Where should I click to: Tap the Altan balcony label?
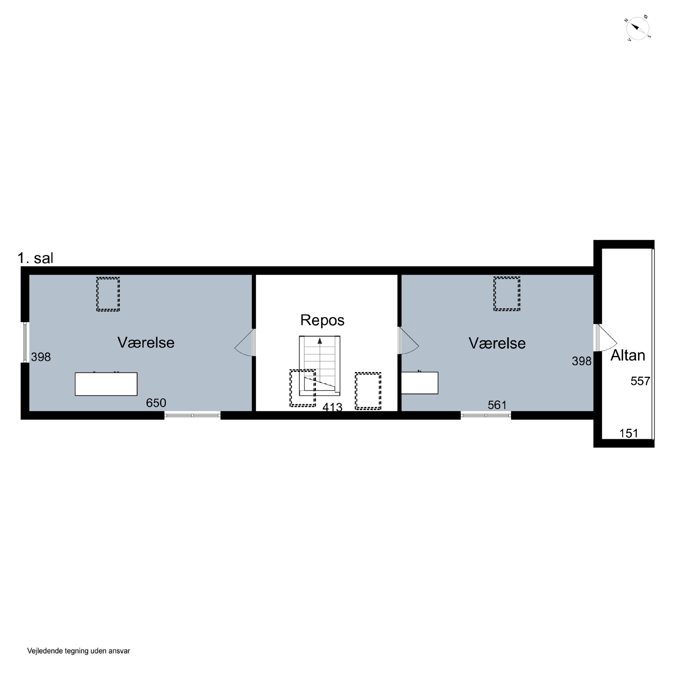628,355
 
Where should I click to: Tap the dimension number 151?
629,433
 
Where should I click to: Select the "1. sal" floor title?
35,258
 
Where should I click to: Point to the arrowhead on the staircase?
320,341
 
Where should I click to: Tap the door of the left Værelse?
245,342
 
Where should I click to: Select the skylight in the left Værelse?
108,294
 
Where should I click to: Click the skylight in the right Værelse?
507,294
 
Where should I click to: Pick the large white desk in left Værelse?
106,384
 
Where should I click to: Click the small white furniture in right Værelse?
420,383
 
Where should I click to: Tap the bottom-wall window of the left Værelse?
192,415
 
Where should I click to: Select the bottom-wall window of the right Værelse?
486,415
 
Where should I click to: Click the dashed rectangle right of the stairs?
368,391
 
